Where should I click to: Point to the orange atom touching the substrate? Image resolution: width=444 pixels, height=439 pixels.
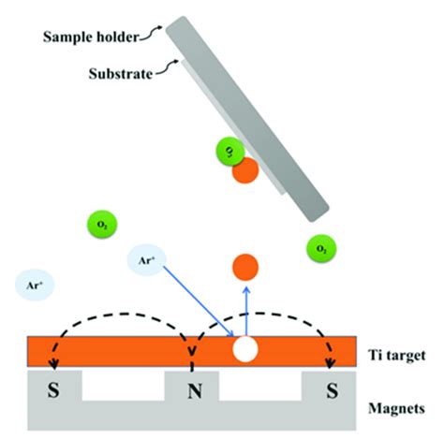pyautogui.click(x=244, y=169)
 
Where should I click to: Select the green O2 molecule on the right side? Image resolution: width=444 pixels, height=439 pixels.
pyautogui.click(x=321, y=248)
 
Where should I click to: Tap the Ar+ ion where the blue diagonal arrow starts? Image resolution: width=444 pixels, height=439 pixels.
pyautogui.click(x=147, y=261)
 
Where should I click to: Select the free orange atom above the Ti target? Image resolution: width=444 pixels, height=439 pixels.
pyautogui.click(x=245, y=267)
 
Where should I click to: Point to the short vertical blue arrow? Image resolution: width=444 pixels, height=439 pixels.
pyautogui.click(x=245, y=309)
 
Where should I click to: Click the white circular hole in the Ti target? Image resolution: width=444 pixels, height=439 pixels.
pyautogui.click(x=245, y=349)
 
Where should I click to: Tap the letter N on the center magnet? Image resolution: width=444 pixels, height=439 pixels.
pyautogui.click(x=192, y=386)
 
